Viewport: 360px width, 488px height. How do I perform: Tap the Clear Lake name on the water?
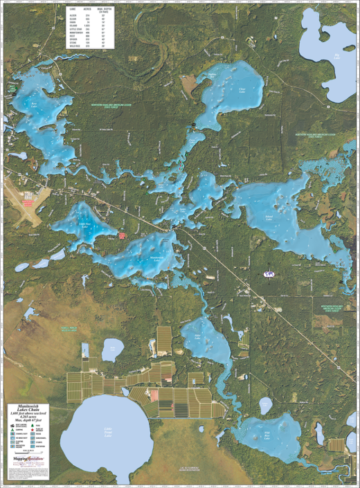pos(242,89)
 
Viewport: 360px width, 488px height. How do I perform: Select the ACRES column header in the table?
pos(88,8)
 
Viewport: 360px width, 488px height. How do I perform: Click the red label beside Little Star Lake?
pos(123,236)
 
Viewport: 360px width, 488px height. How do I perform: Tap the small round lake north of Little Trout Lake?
pos(111,350)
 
